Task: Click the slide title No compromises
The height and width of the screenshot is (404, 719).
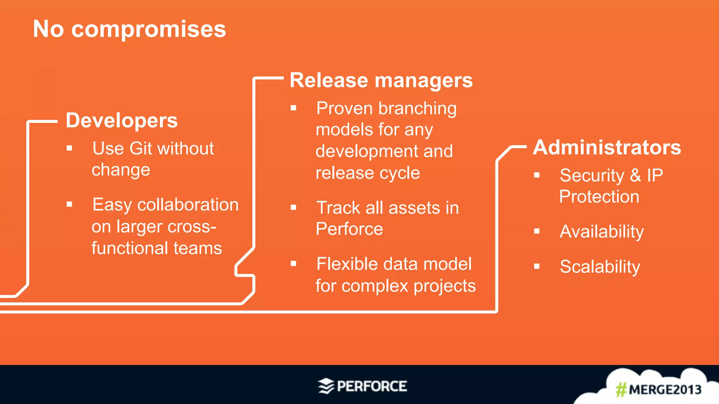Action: point(129,29)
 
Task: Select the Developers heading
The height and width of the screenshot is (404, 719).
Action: point(121,120)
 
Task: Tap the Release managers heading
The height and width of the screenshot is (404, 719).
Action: point(381,80)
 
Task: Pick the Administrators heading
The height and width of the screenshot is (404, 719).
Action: point(607,147)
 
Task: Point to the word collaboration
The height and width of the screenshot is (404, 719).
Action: point(188,205)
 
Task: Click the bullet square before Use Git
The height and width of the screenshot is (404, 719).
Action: point(70,148)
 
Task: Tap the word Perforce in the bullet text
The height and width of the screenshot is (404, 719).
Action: point(349,229)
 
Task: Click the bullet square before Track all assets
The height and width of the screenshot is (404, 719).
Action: point(293,208)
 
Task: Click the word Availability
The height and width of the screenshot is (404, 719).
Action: point(601,232)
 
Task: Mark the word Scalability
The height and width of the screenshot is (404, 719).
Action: point(600,267)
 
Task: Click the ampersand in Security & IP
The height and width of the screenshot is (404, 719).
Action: point(635,175)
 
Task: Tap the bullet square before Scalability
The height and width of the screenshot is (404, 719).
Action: point(536,267)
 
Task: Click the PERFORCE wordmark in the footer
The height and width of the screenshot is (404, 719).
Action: point(372,386)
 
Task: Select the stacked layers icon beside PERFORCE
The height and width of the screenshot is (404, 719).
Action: point(326,386)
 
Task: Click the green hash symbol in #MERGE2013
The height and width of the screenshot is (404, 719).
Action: point(621,390)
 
